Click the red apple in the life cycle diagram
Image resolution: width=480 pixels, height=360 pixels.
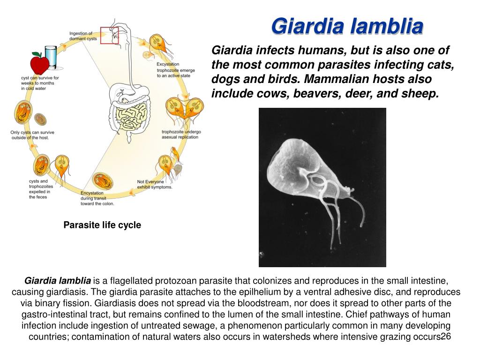click(39, 64)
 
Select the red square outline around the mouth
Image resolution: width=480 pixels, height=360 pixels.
click(109, 35)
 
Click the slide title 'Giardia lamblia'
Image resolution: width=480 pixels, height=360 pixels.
click(347, 26)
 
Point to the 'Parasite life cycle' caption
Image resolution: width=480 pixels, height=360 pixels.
click(102, 225)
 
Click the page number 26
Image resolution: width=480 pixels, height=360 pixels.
click(446, 337)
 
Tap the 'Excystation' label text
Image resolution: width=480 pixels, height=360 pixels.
click(168, 64)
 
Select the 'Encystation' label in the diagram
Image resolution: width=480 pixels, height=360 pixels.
click(92, 193)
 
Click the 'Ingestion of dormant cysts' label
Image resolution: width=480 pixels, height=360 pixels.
click(83, 36)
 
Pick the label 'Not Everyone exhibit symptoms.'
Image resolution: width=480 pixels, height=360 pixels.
click(155, 184)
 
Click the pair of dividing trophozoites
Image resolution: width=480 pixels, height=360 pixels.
click(185, 108)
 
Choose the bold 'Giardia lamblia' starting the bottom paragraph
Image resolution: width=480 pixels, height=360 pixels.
click(58, 281)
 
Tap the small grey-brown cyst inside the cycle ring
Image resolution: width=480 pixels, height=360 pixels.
click(40, 119)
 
